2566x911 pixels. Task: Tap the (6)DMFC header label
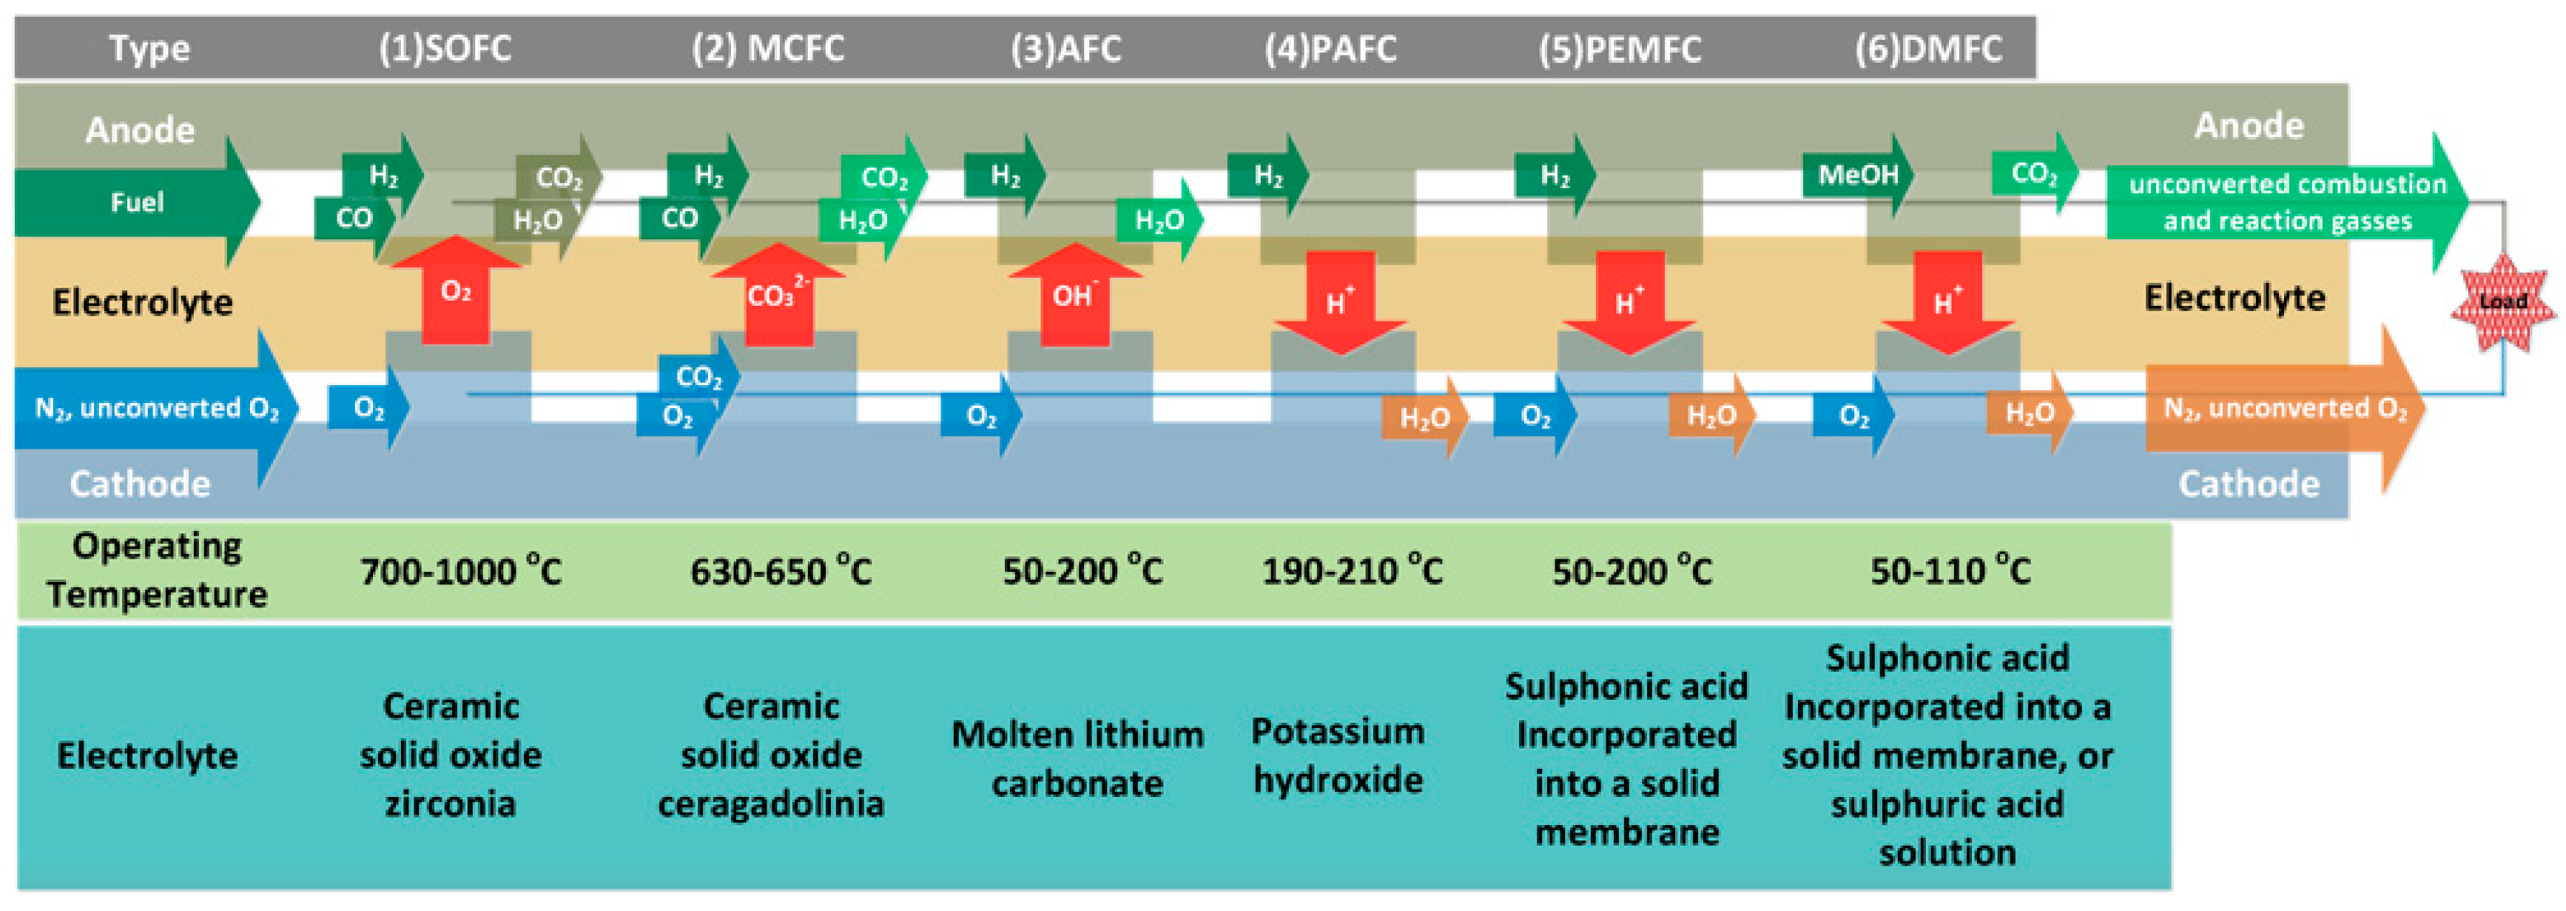(x=1927, y=48)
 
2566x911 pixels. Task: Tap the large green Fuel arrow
(x=136, y=202)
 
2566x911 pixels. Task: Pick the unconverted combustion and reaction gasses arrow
(x=2286, y=202)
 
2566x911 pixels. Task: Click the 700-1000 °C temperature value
(x=460, y=571)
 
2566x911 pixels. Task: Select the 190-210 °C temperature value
(x=1352, y=571)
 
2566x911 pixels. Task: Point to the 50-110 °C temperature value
(x=1950, y=571)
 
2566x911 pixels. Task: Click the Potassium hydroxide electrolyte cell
(x=1337, y=755)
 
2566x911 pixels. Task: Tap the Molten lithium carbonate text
(x=1077, y=758)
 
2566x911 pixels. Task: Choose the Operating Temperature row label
(x=156, y=570)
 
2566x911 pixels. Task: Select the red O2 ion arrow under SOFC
(x=455, y=291)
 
